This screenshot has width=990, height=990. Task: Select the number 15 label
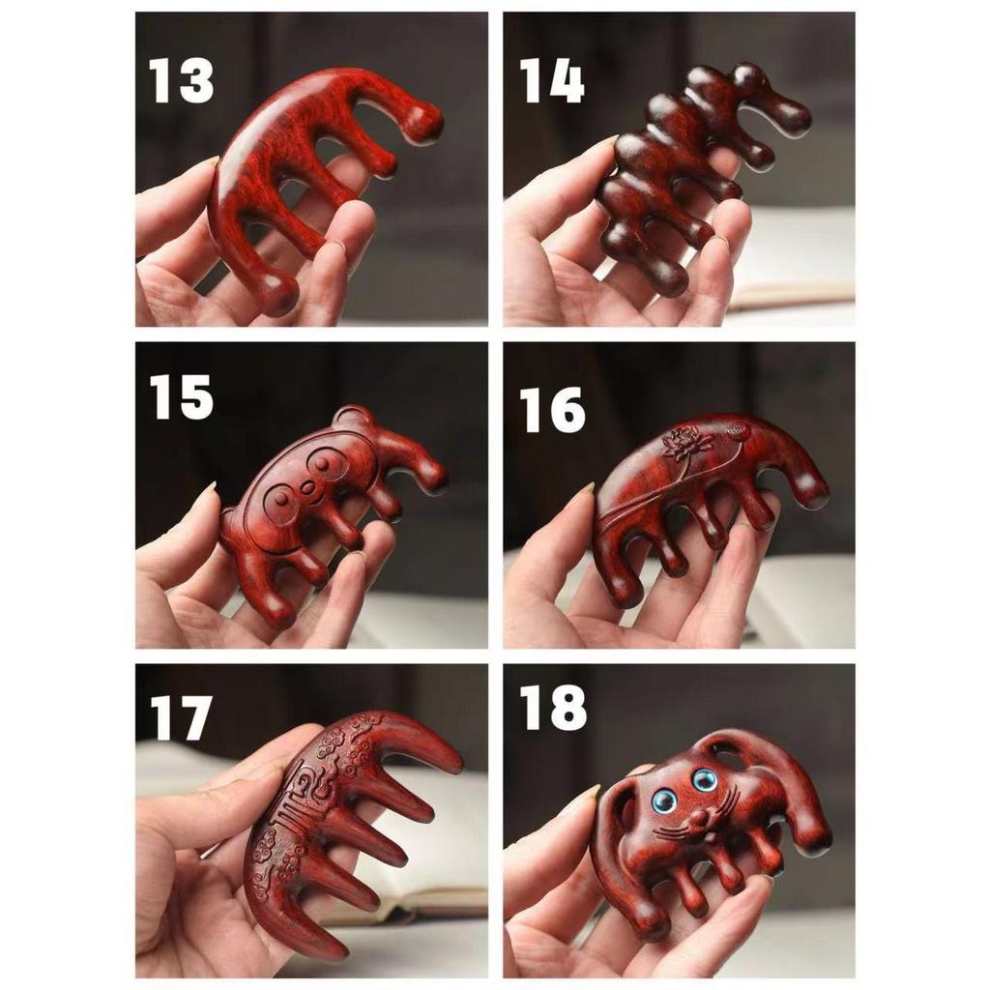coord(181,396)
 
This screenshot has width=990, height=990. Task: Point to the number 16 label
coord(552,409)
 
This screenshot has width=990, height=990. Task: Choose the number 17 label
coord(181,717)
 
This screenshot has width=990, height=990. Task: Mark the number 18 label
coord(552,709)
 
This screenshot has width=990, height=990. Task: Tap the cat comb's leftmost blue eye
coord(663,801)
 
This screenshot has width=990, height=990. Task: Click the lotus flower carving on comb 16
coord(684,445)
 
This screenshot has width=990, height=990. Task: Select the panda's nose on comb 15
coord(308,488)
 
